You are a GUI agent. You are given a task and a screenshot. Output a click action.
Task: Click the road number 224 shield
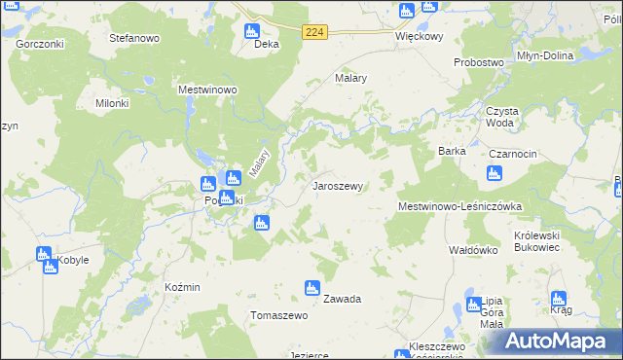(x=313, y=32)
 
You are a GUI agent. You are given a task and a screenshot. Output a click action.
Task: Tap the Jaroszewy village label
(x=338, y=185)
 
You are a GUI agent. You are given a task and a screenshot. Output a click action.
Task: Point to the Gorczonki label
(x=40, y=45)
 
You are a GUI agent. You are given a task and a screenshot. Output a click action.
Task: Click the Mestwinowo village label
(x=208, y=90)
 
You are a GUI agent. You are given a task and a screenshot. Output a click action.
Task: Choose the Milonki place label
(x=111, y=103)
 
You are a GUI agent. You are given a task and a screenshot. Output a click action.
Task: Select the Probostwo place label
(x=479, y=62)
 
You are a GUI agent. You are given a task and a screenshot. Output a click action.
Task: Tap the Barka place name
(x=453, y=152)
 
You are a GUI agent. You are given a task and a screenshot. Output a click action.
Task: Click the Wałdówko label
(x=473, y=250)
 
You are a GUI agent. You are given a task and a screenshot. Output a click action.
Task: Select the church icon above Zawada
(x=311, y=287)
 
